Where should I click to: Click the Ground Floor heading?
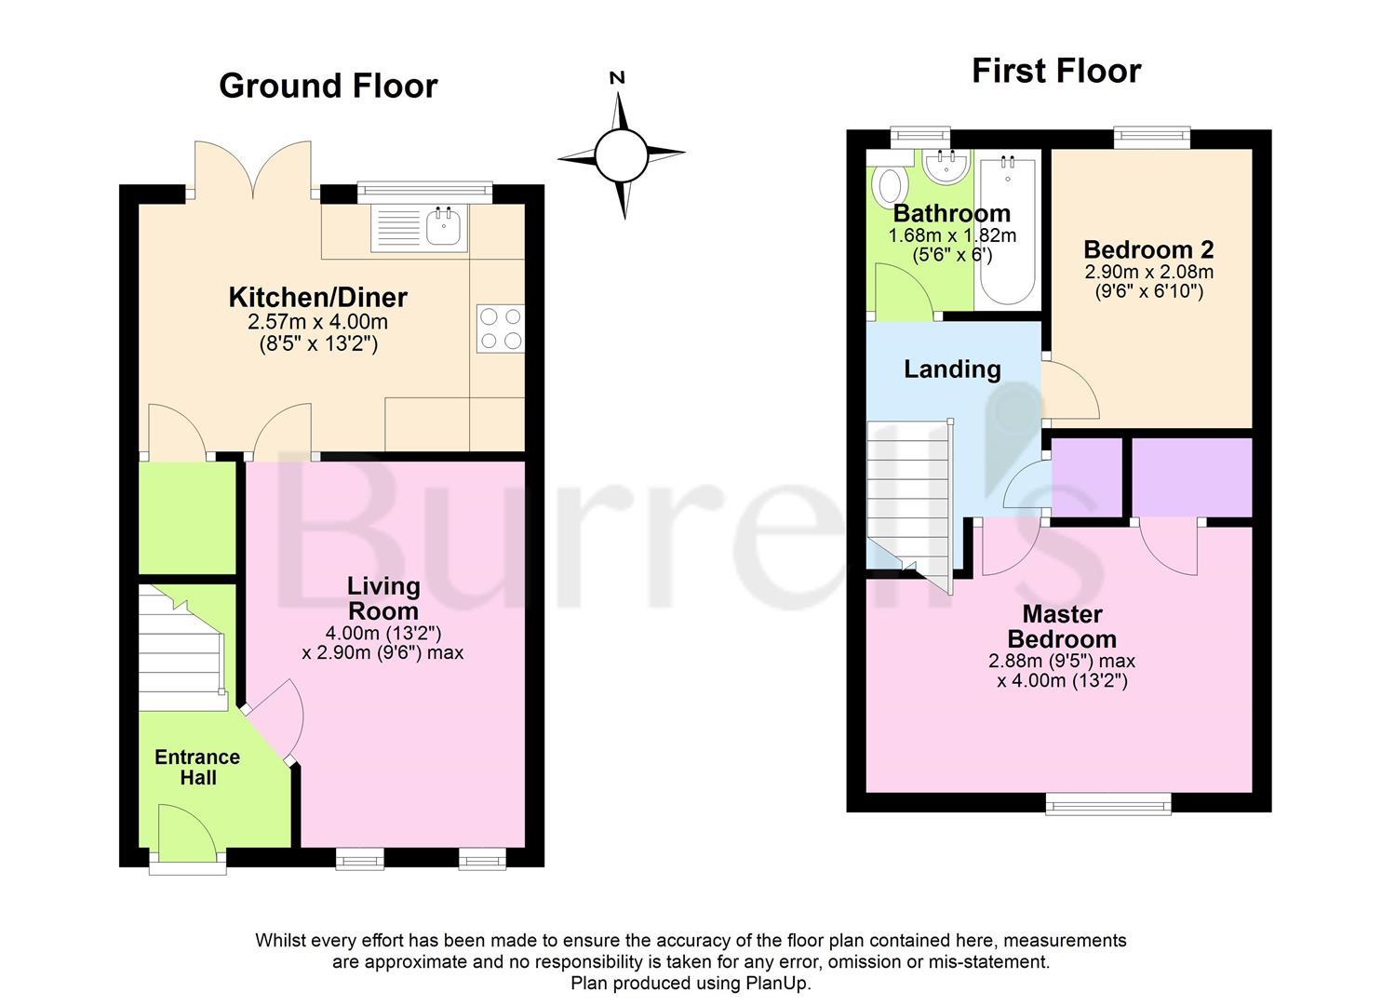tap(328, 86)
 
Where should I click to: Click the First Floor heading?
tap(1055, 71)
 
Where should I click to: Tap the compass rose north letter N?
tap(616, 78)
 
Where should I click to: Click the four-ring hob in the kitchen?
tap(500, 328)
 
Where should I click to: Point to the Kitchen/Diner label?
tap(317, 298)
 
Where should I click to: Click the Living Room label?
tap(383, 598)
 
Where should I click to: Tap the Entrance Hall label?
tap(197, 767)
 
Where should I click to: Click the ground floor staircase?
tap(182, 648)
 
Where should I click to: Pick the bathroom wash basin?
tap(948, 168)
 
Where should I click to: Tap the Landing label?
tap(952, 369)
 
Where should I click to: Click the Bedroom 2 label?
tap(1148, 249)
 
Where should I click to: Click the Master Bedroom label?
tap(1062, 626)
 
